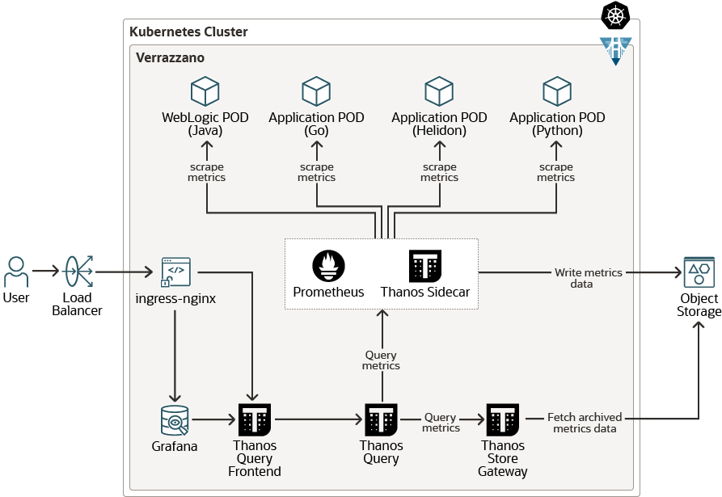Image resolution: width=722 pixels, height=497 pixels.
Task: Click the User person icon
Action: (16, 272)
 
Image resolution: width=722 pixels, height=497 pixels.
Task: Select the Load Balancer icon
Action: (78, 273)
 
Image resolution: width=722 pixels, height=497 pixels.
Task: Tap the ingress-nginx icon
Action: (176, 272)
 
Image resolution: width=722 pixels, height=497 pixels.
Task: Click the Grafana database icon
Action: (175, 420)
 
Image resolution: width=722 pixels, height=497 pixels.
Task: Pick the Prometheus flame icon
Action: (328, 266)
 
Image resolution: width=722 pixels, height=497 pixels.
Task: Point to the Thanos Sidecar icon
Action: (425, 266)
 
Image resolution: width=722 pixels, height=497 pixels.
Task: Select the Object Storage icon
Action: (699, 273)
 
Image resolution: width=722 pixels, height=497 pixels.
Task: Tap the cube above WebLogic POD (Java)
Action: (205, 91)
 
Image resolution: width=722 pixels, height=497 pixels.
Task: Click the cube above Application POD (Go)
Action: (316, 91)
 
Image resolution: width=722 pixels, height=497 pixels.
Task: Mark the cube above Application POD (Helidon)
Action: (439, 91)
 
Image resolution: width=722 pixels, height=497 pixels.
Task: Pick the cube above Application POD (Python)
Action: (557, 91)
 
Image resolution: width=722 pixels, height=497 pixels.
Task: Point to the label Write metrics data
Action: (588, 278)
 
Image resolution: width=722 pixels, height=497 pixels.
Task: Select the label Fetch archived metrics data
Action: (584, 423)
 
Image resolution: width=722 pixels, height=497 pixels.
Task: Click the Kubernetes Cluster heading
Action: (188, 32)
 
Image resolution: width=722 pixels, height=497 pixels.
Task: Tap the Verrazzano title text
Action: (170, 58)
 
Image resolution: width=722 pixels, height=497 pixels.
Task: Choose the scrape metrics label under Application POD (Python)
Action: (555, 172)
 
